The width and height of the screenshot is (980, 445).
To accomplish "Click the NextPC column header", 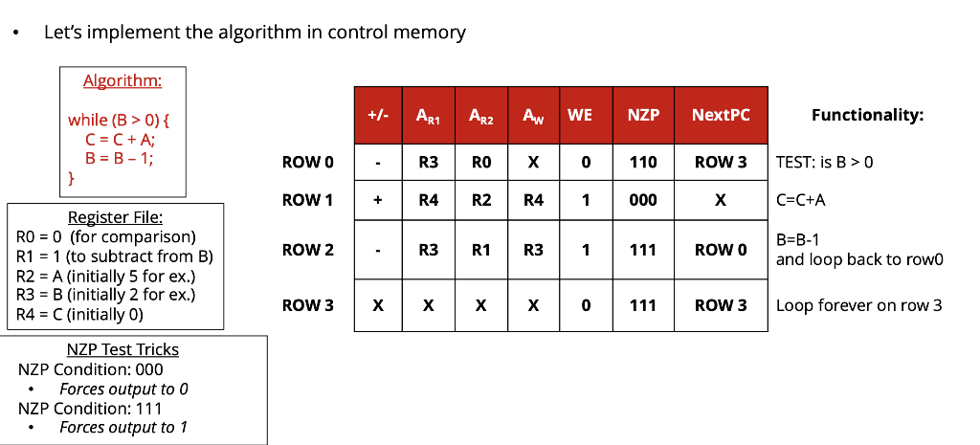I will coord(720,116).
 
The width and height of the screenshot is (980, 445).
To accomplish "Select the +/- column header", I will coord(378,116).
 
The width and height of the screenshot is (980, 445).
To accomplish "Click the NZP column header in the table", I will coord(642,116).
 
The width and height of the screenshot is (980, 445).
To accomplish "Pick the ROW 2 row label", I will coord(308,250).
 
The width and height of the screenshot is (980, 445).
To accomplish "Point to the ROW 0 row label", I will coord(308,163).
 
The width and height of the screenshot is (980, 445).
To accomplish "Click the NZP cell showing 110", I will coord(642,163).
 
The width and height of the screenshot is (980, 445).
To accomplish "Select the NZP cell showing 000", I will coord(642,201).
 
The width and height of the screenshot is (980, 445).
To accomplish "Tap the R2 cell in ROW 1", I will coord(480,201).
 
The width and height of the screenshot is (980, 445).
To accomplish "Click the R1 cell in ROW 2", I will coord(480,250).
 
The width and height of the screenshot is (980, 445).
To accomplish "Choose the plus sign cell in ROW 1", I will coord(378,201).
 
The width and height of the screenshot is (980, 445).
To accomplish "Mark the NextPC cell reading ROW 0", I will coord(720,250).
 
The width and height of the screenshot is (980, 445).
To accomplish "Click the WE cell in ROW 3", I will coord(584,305).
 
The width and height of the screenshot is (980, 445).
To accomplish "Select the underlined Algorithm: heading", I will coord(122,81).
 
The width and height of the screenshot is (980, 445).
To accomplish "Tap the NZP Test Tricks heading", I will coord(122,350).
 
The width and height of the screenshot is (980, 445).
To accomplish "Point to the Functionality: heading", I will coord(867,116).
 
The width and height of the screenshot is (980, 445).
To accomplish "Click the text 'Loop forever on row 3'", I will coord(858,306).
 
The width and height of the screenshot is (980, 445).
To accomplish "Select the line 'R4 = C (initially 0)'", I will coord(79,314).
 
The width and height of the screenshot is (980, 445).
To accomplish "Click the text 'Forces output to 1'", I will coord(122,427).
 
